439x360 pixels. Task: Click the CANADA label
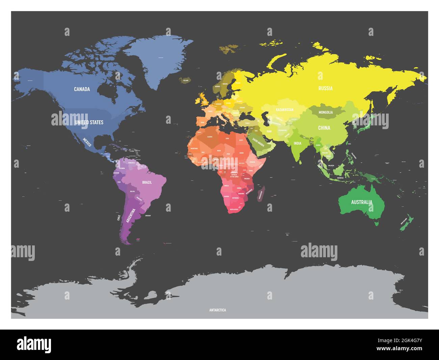coord(82,89)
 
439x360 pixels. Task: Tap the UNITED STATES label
coord(89,122)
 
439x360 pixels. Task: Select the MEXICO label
coord(87,142)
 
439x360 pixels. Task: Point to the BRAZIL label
coord(147,182)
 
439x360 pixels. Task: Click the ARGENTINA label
coord(131,216)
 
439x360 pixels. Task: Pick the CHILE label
coord(119,217)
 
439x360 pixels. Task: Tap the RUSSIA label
coord(326,89)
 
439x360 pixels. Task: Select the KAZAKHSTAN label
coord(285,110)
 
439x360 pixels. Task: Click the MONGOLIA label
coord(326,112)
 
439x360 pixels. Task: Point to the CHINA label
coord(324,128)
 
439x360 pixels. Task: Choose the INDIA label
coord(298,143)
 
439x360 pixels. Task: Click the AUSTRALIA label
coord(362,202)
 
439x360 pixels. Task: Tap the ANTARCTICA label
coord(217,310)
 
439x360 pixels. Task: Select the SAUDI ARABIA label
coord(259,143)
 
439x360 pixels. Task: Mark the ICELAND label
coord(186,81)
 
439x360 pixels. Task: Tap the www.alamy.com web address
coord(399,349)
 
